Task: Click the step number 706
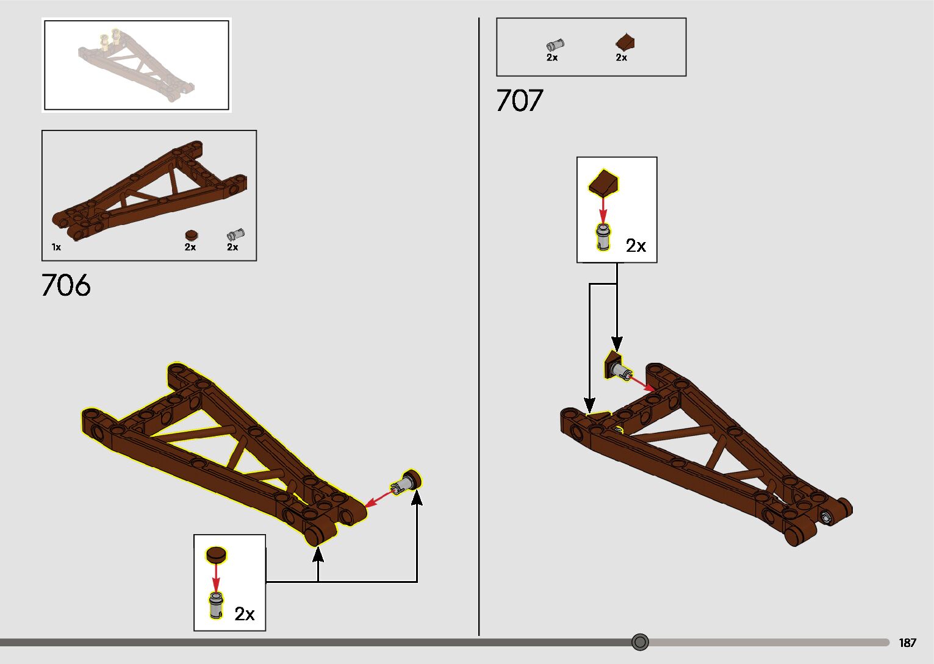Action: coord(66,285)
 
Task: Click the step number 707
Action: coord(519,101)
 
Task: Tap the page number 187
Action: coord(907,643)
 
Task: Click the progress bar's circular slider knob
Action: coord(640,642)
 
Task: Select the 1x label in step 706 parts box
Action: coord(56,247)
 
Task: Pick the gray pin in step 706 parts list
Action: coord(235,234)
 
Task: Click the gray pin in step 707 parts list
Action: coord(555,45)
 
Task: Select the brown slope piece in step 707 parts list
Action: coord(625,42)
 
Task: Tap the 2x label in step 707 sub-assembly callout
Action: coord(636,245)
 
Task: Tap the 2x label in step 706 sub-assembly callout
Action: coord(245,613)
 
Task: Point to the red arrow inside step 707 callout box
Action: coord(603,211)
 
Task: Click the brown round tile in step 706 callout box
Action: coord(215,554)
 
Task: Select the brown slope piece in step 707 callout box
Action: coord(603,184)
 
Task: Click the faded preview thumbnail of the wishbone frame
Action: coord(136,65)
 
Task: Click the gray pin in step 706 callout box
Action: coord(216,604)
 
